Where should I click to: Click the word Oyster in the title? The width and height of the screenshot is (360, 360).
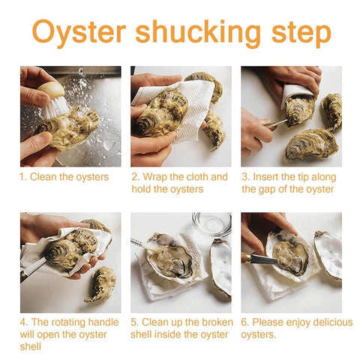click(79, 32)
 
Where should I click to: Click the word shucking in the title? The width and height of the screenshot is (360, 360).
click(198, 32)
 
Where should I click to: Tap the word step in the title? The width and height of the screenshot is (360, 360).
click(301, 34)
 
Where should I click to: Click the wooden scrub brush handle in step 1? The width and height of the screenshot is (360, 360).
click(51, 89)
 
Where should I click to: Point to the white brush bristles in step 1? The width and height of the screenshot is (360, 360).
click(57, 108)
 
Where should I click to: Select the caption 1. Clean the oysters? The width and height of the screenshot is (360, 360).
click(64, 177)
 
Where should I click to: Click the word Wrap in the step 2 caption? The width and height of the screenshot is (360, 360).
click(154, 177)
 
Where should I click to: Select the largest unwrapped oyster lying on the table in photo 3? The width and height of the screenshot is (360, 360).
click(311, 145)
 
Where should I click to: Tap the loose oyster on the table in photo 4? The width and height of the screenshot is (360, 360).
click(101, 284)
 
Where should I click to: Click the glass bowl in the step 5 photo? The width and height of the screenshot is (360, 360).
click(211, 224)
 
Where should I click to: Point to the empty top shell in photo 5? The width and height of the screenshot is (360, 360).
click(220, 268)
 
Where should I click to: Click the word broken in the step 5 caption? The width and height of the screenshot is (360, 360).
click(217, 322)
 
